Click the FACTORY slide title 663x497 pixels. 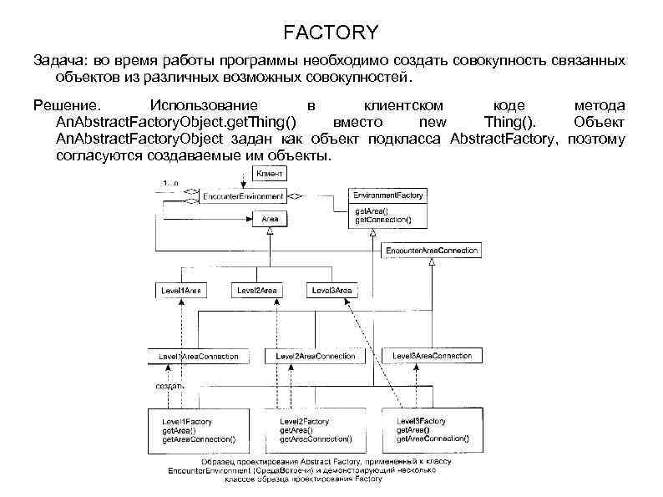click(331, 33)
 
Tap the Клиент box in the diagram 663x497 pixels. click(269, 174)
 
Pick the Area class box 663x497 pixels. click(270, 218)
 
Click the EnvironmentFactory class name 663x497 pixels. click(388, 195)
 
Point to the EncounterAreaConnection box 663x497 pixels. click(431, 250)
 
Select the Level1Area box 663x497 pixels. click(181, 290)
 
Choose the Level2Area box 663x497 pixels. click(257, 290)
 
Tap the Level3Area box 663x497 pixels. click(331, 290)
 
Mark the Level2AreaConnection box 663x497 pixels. click(315, 357)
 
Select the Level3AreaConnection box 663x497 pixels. click(432, 356)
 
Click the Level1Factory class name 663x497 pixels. click(186, 422)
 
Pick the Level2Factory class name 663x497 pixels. click(305, 422)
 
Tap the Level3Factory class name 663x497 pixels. click(421, 421)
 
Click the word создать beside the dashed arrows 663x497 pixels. click(170, 387)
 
